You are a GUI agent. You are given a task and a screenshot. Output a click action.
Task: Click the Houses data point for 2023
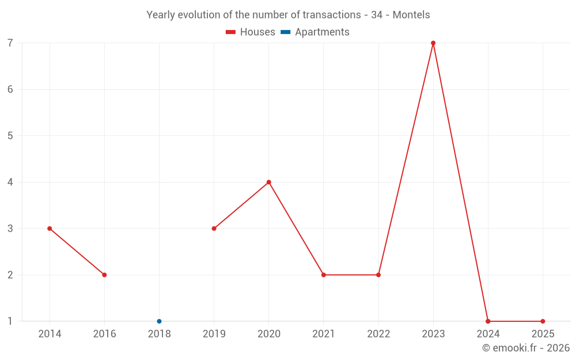click(x=433, y=43)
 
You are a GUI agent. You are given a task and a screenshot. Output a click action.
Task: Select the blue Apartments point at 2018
click(x=159, y=321)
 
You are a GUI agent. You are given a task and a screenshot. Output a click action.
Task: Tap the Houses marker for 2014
click(x=50, y=229)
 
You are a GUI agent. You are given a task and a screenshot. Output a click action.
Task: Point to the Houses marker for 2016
click(x=104, y=275)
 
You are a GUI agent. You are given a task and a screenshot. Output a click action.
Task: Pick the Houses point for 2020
click(x=269, y=182)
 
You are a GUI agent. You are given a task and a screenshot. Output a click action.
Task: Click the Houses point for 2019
click(x=214, y=229)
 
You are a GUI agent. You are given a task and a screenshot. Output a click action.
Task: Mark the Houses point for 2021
click(x=324, y=275)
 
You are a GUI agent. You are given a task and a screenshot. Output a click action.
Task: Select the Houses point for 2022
click(x=378, y=275)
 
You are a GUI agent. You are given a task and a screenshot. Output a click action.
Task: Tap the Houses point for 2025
click(x=543, y=321)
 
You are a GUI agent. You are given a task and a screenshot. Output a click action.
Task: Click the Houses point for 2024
click(x=488, y=321)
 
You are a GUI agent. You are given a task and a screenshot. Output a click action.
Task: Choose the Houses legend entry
click(x=251, y=32)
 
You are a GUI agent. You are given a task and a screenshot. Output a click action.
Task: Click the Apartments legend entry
click(x=315, y=32)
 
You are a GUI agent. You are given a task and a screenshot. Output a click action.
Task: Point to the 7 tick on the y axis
click(x=10, y=43)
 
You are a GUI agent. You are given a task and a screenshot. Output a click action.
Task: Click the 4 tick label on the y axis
click(x=10, y=182)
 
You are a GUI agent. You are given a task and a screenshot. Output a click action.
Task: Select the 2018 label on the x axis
click(x=159, y=334)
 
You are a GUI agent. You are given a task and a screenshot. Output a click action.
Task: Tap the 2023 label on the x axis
click(x=433, y=334)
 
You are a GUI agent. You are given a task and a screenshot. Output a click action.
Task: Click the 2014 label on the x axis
click(x=50, y=334)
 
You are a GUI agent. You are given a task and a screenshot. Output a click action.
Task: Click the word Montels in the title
click(x=411, y=15)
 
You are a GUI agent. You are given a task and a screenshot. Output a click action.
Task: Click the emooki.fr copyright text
click(x=525, y=348)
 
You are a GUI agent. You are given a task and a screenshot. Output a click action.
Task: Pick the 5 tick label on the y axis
click(x=10, y=136)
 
